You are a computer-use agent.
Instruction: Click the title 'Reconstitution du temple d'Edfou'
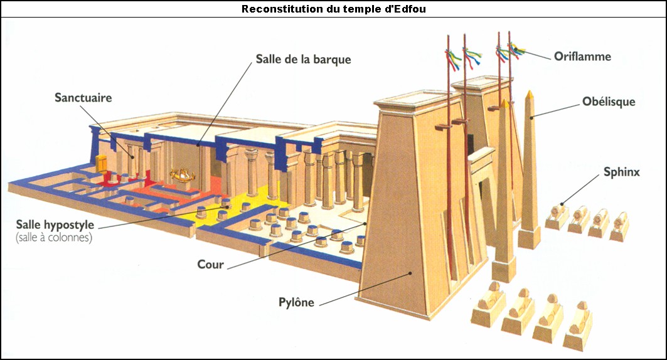tap(334, 9)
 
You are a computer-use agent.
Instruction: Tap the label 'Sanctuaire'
tap(83, 98)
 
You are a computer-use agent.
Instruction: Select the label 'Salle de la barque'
tap(303, 59)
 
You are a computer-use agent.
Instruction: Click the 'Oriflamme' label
tap(582, 56)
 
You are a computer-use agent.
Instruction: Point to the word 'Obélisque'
tap(609, 102)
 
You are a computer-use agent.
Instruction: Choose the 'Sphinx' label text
tap(621, 172)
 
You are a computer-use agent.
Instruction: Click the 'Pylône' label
tap(297, 302)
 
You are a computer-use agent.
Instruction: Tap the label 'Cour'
tap(211, 265)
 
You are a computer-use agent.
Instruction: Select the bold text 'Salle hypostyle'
tap(55, 225)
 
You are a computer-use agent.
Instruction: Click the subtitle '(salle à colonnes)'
tap(54, 238)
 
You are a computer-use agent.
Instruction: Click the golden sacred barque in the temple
tap(183, 174)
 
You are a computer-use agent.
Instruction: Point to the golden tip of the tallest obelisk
tap(530, 95)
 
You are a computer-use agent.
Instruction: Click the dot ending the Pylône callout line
tap(410, 273)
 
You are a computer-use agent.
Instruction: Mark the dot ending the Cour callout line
tap(365, 223)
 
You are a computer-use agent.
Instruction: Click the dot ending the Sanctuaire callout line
tap(132, 157)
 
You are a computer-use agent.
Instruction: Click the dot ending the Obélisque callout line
tap(531, 115)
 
